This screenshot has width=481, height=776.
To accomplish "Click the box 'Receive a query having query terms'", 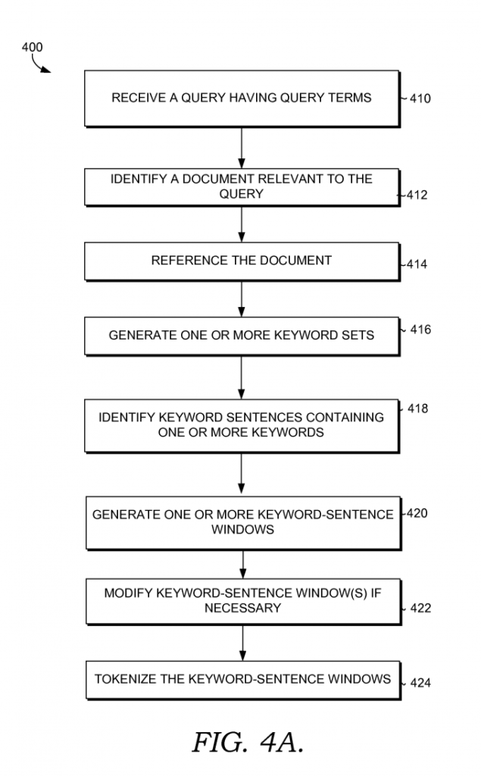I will pyautogui.click(x=241, y=99).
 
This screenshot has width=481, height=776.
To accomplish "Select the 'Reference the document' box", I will pyautogui.click(x=241, y=261).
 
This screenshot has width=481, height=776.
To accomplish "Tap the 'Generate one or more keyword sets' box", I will pyautogui.click(x=241, y=335).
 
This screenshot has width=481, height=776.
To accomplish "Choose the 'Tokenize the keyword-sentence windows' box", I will pyautogui.click(x=242, y=680).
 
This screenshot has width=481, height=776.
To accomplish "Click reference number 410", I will pyautogui.click(x=420, y=99).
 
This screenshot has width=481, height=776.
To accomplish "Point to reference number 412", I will pyautogui.click(x=417, y=196).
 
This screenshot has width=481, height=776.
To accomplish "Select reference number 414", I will pyautogui.click(x=417, y=265).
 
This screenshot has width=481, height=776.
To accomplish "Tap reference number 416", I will pyautogui.click(x=420, y=330).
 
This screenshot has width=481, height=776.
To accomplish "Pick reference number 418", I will pyautogui.click(x=417, y=409).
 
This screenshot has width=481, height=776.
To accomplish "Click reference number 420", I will pyautogui.click(x=417, y=514).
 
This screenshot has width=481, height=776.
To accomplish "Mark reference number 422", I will pyautogui.click(x=420, y=609).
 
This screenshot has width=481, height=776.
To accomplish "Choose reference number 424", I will pyautogui.click(x=420, y=684).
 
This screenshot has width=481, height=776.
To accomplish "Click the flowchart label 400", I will pyautogui.click(x=32, y=47).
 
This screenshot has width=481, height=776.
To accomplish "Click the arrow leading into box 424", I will pyautogui.click(x=242, y=643).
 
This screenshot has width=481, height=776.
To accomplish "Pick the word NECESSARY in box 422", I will pyautogui.click(x=242, y=608).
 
